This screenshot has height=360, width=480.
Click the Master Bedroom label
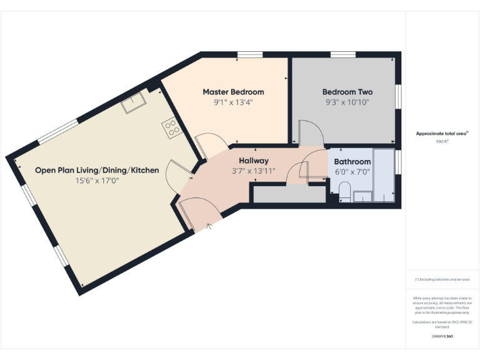point(233,92)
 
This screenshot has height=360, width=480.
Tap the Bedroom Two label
point(347,92)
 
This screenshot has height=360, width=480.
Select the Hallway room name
point(253,161)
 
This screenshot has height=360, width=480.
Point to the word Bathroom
point(352,162)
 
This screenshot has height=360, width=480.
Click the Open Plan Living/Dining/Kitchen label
point(97,170)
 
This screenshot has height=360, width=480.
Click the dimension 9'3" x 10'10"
point(347,102)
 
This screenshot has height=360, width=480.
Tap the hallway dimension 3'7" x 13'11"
point(253,171)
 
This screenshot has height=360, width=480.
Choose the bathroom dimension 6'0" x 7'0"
point(352,172)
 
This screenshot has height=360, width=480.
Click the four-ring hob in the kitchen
point(172,129)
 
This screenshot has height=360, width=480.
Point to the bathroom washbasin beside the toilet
point(362,197)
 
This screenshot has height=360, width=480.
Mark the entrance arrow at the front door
point(210,226)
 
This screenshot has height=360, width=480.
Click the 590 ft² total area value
point(442,142)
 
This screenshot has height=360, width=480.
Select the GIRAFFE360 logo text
point(442,336)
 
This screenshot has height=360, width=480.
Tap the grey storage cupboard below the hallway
point(289,194)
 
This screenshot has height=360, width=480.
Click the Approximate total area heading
point(441,133)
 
